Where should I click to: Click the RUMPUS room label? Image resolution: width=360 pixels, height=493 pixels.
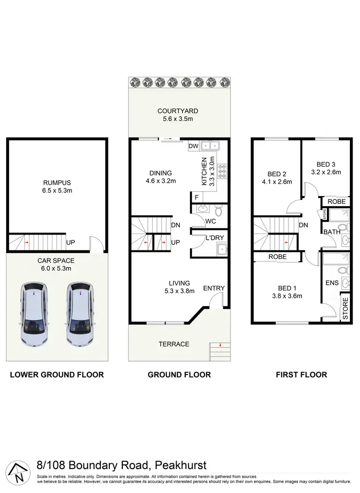[x=57, y=182]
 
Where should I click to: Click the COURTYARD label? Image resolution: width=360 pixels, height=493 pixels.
[x=178, y=111]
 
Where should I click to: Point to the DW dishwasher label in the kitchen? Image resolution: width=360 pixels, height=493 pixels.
[x=193, y=146]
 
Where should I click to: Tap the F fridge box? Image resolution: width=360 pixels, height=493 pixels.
[x=196, y=197]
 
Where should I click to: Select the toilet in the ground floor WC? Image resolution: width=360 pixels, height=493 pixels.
[x=218, y=211]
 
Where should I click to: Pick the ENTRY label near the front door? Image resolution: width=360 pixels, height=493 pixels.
[x=214, y=288]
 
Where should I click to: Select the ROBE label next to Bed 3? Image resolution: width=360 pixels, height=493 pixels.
[x=336, y=202]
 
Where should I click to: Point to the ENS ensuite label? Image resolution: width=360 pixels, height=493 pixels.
[x=332, y=283]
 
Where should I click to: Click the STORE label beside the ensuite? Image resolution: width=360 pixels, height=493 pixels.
[x=345, y=308]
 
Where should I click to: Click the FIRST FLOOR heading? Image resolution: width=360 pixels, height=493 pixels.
[x=302, y=375]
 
